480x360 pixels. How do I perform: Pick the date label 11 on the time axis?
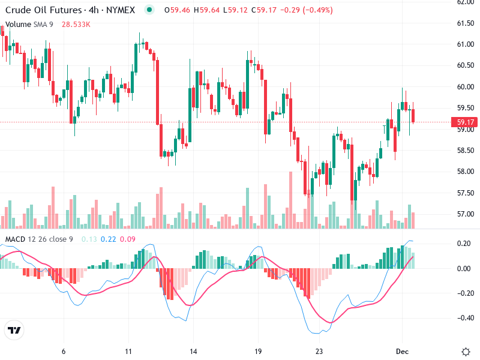[128, 351]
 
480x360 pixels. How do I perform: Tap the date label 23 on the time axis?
[319, 351]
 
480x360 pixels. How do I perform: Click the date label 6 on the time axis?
[64, 351]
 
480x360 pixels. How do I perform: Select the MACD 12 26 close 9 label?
[39, 239]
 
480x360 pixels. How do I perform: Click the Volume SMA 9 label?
[29, 24]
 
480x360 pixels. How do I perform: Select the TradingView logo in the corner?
[14, 331]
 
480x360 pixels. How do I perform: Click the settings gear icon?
[466, 351]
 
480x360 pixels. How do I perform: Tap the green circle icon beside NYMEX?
[149, 10]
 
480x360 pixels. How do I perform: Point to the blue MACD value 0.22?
[108, 239]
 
